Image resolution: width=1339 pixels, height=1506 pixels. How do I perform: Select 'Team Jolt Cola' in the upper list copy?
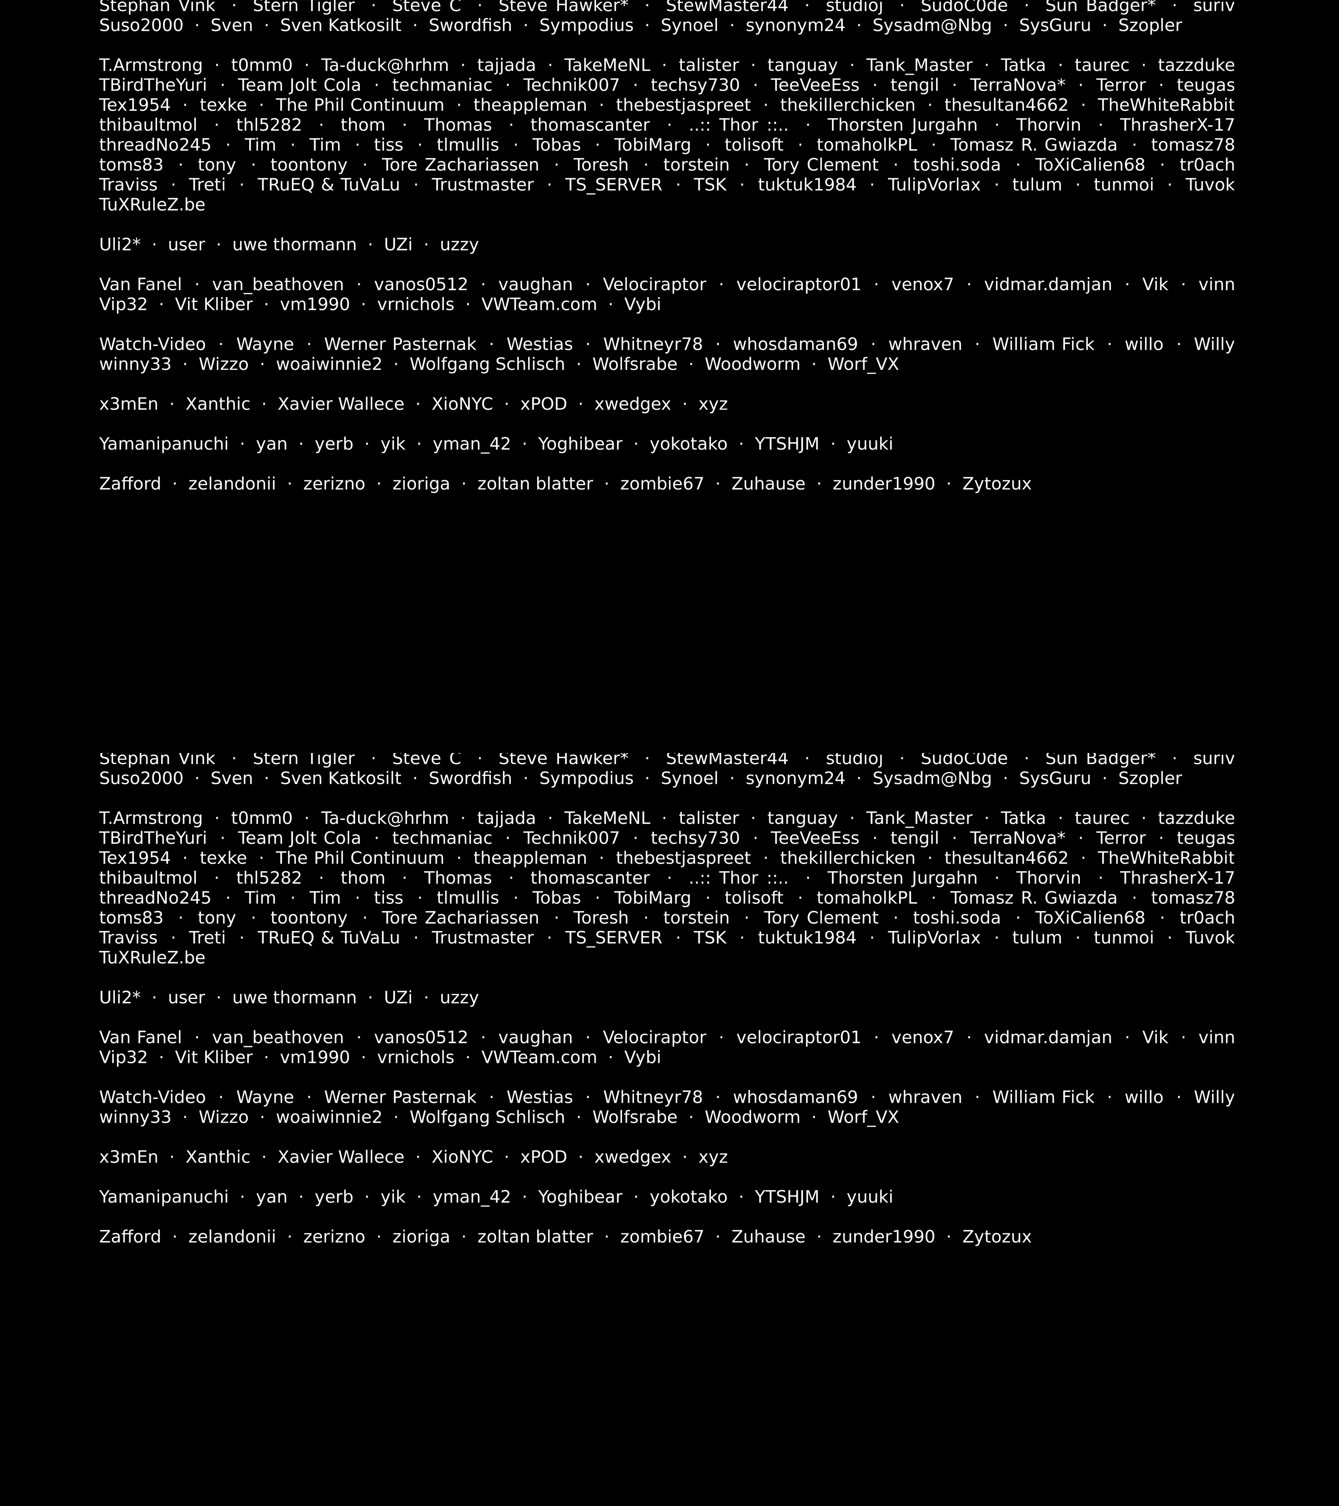click(299, 85)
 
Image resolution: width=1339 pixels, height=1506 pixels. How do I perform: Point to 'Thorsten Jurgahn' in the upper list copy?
click(902, 125)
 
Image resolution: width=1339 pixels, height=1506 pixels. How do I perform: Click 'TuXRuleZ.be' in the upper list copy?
click(152, 205)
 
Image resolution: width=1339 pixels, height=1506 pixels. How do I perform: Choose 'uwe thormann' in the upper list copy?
click(294, 245)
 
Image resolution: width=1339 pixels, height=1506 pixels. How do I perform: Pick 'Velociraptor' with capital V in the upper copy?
click(654, 284)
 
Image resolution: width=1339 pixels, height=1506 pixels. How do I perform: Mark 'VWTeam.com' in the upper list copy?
click(539, 304)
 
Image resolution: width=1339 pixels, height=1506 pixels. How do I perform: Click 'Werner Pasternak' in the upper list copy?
click(400, 344)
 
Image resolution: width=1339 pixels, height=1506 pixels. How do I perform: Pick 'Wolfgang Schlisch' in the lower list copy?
click(487, 1117)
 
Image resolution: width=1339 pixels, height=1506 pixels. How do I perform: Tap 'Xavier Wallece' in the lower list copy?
click(340, 1157)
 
